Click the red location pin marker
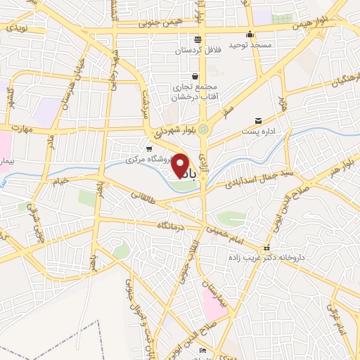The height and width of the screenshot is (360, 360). coord(181,166)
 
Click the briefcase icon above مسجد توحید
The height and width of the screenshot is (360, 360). coord(249,34)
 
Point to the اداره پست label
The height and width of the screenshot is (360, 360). coord(259,131)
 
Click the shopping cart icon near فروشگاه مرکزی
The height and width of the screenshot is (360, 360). coord(148,149)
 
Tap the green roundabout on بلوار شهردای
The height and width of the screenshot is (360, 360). coord(203,129)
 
